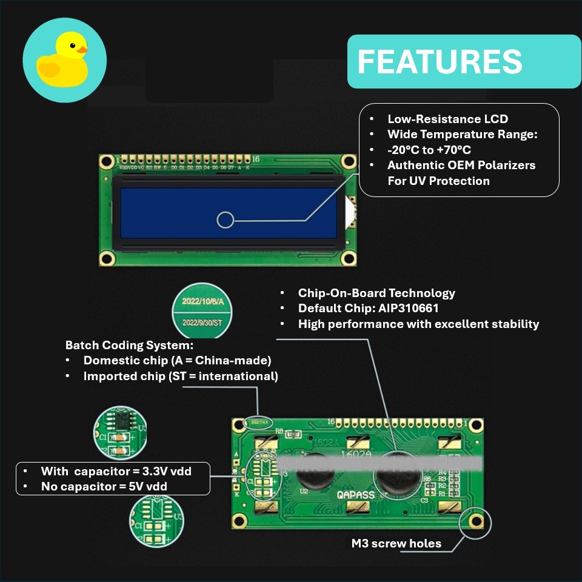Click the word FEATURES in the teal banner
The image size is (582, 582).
(440, 62)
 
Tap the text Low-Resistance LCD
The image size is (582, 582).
(447, 119)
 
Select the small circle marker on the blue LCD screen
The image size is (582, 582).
(225, 220)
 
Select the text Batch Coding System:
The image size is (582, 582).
(129, 345)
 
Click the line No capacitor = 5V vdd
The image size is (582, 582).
(104, 486)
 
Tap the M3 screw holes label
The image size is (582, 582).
(396, 543)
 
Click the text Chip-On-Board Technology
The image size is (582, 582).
(376, 293)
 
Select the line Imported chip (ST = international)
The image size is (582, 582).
(180, 376)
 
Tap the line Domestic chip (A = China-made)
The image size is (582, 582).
(176, 360)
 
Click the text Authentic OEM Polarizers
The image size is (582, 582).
(461, 165)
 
